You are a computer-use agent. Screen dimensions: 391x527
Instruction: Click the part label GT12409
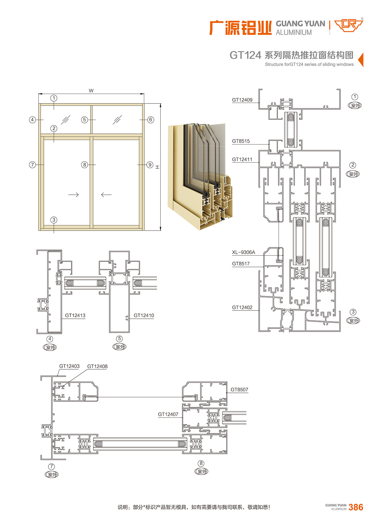click(x=242, y=100)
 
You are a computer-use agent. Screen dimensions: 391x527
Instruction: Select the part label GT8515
click(x=241, y=141)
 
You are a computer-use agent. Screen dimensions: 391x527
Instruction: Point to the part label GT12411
click(x=242, y=160)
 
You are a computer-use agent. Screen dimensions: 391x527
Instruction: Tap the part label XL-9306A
click(x=243, y=252)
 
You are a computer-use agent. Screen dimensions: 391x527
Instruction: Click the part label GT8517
click(x=241, y=264)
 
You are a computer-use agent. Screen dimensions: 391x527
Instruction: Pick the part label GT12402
click(x=242, y=307)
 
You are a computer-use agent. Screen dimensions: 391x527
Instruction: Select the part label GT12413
click(x=75, y=315)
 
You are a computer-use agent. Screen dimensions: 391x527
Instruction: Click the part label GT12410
click(x=144, y=315)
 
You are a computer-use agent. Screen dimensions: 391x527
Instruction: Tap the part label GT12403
click(x=70, y=366)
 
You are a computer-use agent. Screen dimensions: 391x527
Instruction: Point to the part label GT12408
click(x=97, y=367)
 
